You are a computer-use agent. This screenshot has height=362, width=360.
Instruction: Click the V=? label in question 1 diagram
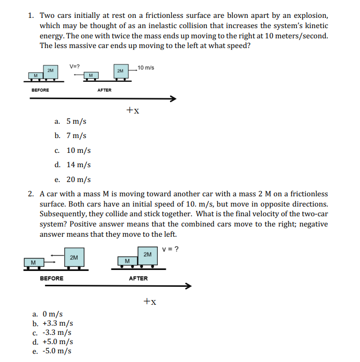pyautogui.click(x=75, y=66)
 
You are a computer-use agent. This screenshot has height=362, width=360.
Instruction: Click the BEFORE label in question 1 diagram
pyautogui.click(x=40, y=90)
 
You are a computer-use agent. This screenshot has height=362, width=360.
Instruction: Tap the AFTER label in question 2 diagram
pyautogui.click(x=138, y=278)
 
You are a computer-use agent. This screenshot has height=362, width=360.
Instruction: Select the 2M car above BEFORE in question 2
pyautogui.click(x=74, y=258)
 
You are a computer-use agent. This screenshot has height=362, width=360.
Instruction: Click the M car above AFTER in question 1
pyautogui.click(x=90, y=76)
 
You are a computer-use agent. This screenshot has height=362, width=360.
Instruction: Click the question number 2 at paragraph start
pyautogui.click(x=31, y=194)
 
